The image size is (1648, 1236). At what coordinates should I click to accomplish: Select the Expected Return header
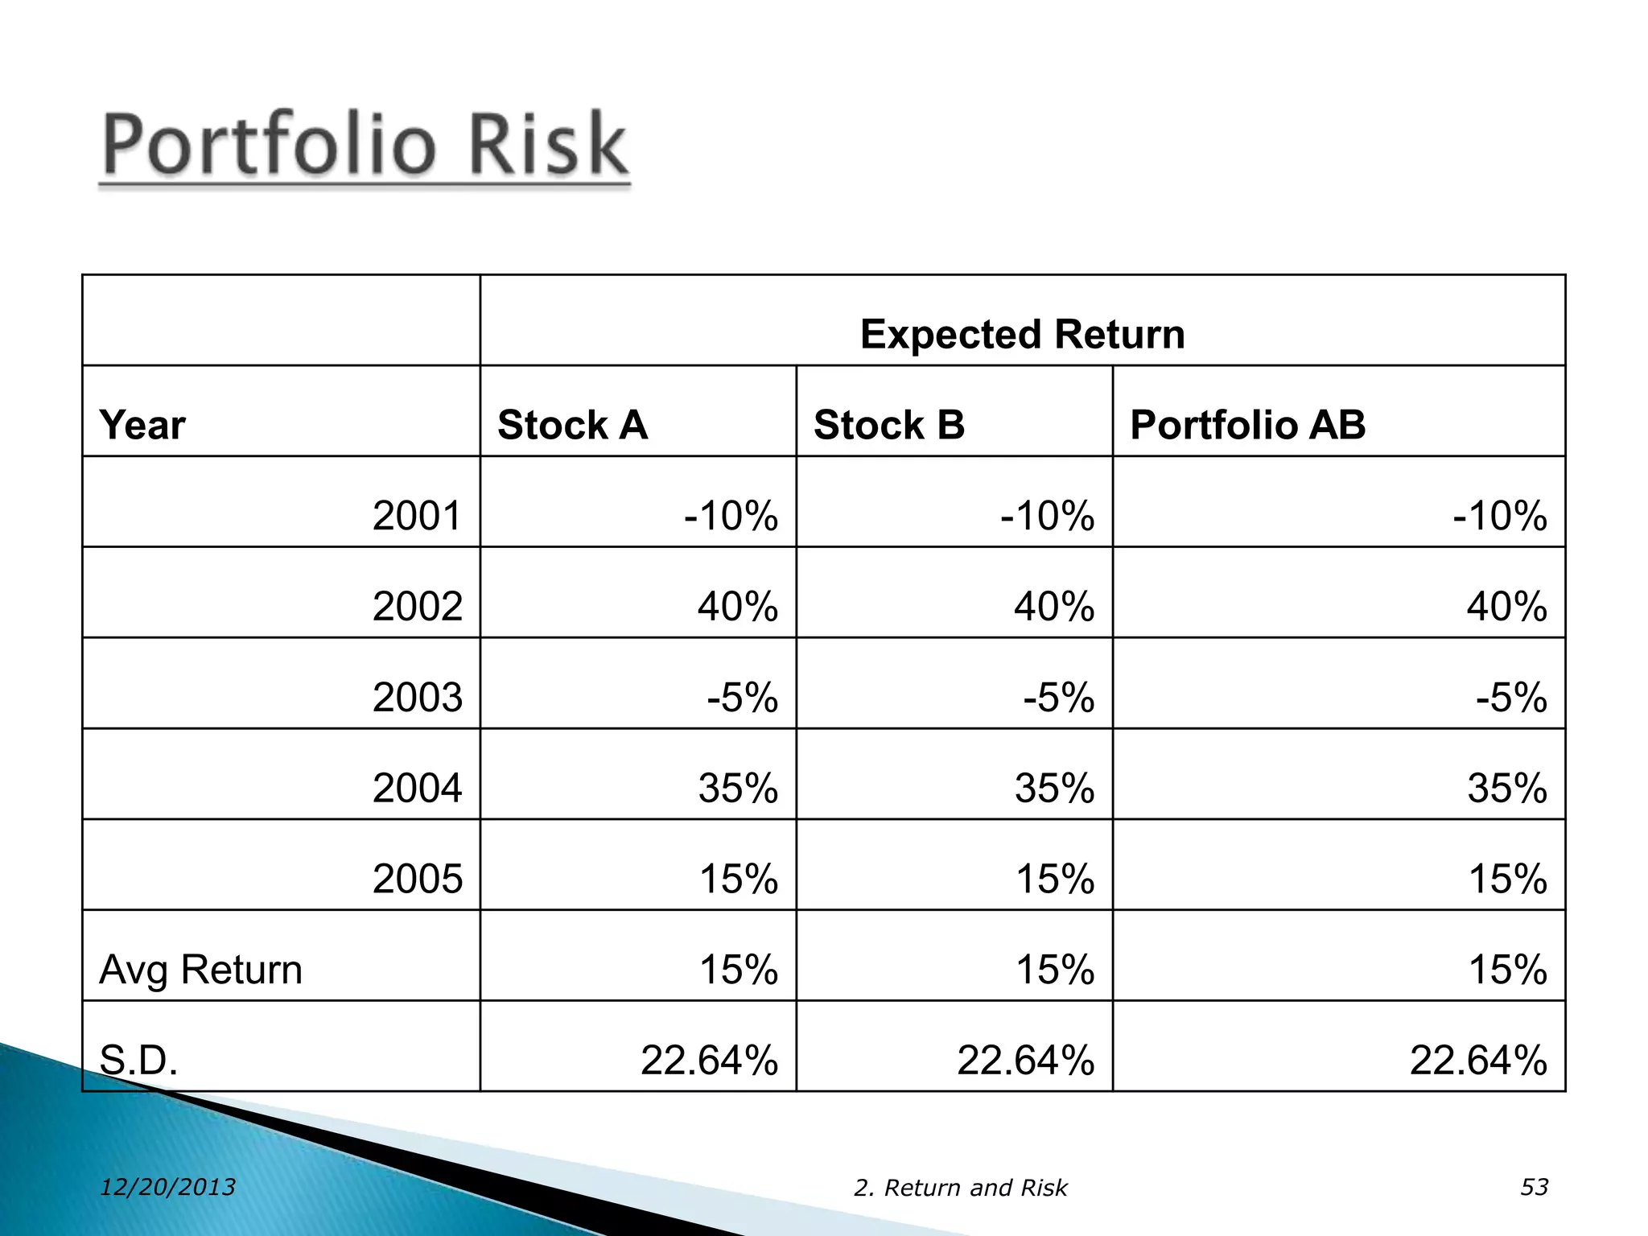[1022, 334]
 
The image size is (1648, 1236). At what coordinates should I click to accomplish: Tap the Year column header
[142, 425]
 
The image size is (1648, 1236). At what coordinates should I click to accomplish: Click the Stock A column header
[572, 425]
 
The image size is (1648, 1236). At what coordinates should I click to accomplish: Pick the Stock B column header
[888, 425]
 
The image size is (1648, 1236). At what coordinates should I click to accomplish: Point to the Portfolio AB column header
[1247, 425]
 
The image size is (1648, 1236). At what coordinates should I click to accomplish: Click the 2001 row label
[417, 516]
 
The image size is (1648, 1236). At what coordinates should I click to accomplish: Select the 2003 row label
[417, 698]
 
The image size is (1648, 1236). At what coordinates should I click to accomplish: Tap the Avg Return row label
[200, 970]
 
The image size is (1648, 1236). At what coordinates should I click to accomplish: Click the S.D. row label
[138, 1061]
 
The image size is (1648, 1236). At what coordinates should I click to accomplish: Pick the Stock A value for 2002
[737, 607]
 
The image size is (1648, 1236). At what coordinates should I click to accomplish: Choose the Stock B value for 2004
[1054, 789]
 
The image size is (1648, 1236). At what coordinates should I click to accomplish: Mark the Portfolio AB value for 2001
[1499, 516]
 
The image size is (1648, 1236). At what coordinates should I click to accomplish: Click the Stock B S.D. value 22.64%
[1025, 1061]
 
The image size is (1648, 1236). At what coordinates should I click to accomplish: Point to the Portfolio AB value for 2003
[1510, 698]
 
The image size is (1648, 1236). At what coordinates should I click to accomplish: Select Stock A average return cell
[738, 970]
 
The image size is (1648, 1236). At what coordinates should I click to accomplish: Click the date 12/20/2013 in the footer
[167, 1187]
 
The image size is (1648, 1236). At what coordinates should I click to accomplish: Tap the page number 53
[1534, 1187]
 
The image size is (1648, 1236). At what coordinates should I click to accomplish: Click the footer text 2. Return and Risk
[960, 1188]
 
